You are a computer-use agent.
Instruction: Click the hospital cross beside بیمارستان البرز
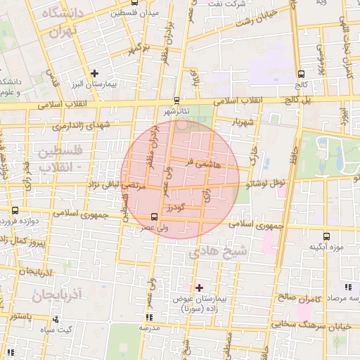pyautogui.click(x=94, y=72)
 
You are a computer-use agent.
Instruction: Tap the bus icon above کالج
pyautogui.click(x=301, y=73)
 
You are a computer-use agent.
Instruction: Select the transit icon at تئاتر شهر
pyautogui.click(x=176, y=100)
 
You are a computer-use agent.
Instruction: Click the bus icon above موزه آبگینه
pyautogui.click(x=326, y=236)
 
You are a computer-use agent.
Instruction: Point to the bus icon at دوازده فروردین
pyautogui.click(x=15, y=210)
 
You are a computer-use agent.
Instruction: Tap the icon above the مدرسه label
pyautogui.click(x=146, y=318)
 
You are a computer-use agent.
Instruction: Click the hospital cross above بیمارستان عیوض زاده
pyautogui.click(x=199, y=287)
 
